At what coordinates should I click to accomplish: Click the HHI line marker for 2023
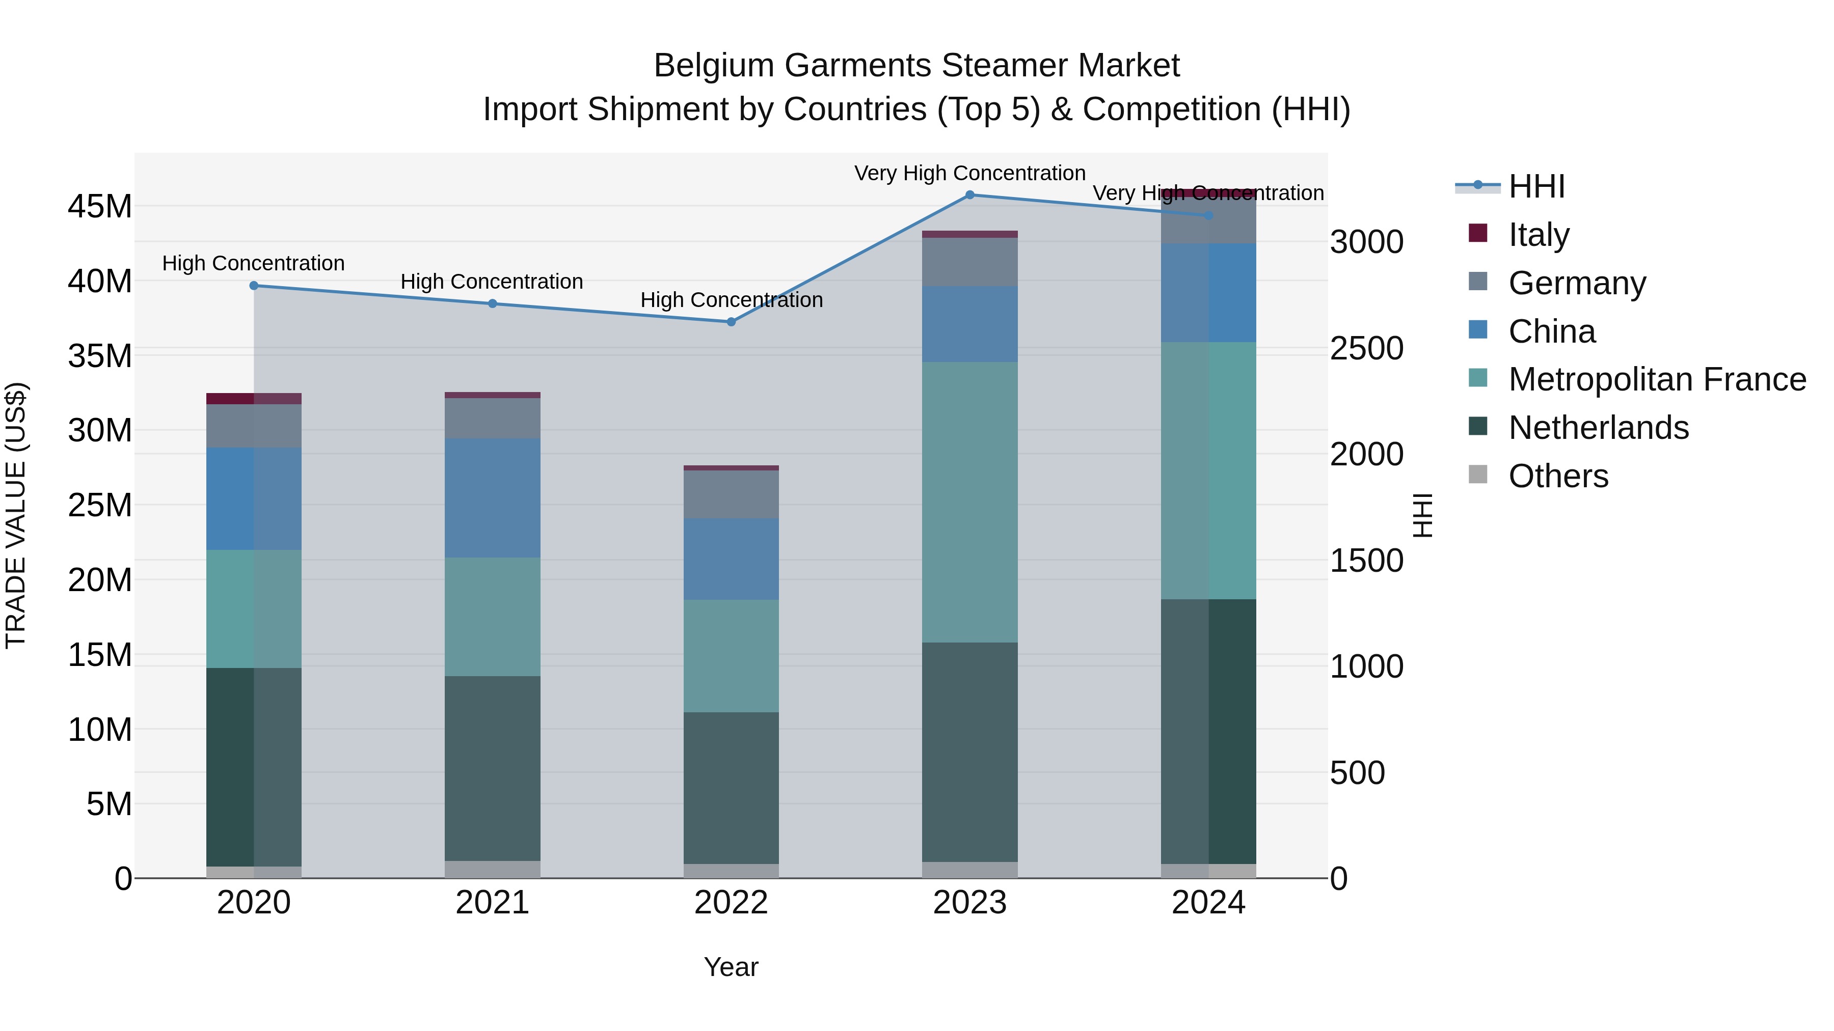(x=969, y=194)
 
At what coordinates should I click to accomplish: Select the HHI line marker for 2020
(x=254, y=285)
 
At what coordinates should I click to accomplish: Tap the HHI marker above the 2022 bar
(x=731, y=322)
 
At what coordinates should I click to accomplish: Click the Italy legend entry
(x=1538, y=235)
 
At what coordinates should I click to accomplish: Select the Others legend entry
(x=1558, y=476)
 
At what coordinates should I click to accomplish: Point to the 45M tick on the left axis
(x=100, y=206)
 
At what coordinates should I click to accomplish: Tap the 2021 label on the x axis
(x=492, y=903)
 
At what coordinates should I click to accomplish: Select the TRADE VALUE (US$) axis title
(x=16, y=515)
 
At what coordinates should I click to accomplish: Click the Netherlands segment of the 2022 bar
(x=731, y=788)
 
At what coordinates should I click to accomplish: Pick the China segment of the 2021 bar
(x=492, y=497)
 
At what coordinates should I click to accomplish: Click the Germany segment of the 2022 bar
(x=731, y=494)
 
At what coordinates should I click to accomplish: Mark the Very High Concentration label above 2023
(x=969, y=173)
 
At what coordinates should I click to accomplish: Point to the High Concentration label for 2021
(x=492, y=281)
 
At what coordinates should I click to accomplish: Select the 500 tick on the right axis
(x=1357, y=773)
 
